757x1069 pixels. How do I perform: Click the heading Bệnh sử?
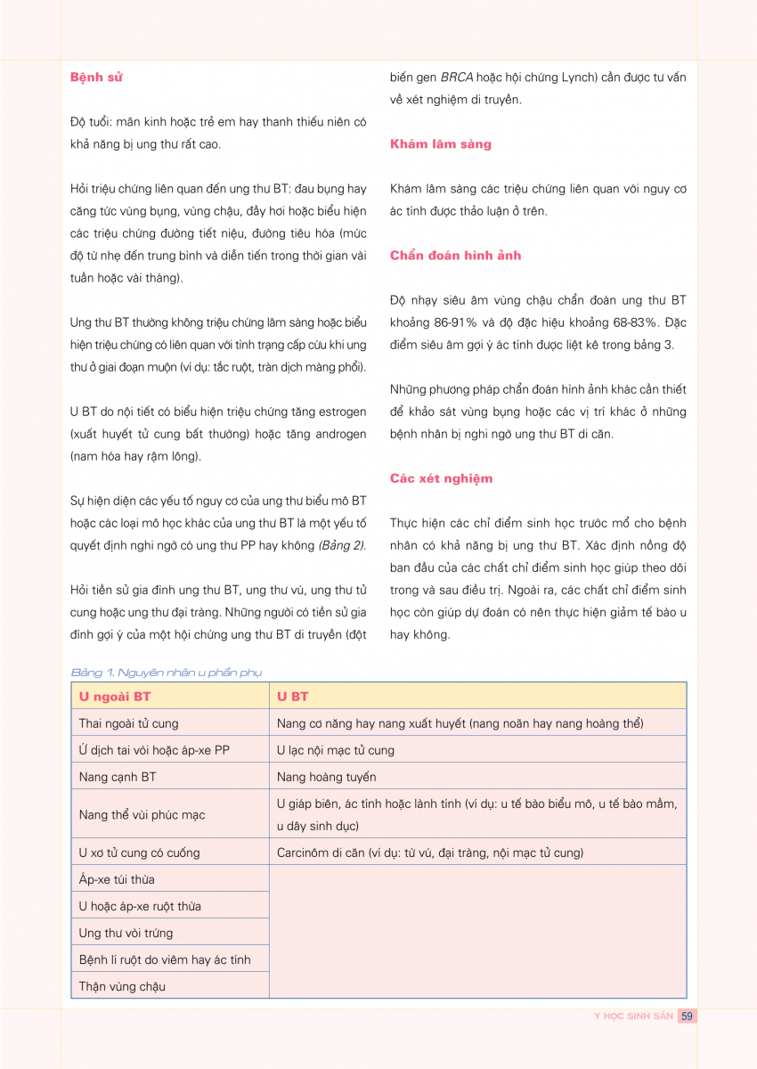[96, 78]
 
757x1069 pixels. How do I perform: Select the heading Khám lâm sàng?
[440, 144]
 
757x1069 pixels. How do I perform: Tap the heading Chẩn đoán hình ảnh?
[455, 256]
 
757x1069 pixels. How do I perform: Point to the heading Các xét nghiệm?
[441, 478]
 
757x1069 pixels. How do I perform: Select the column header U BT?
[292, 696]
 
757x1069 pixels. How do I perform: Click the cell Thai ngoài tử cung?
[128, 723]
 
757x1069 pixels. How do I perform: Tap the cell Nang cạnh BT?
[117, 777]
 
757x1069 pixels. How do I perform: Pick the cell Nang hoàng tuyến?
[326, 777]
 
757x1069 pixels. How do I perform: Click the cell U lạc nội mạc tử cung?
[335, 750]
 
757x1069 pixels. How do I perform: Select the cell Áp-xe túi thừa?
[117, 879]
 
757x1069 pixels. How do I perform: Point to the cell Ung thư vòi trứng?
[126, 933]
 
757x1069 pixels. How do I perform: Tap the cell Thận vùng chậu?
[122, 986]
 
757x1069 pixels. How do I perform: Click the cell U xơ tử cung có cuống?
[139, 853]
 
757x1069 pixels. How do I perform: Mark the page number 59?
[686, 1016]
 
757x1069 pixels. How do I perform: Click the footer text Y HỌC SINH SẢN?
[632, 1016]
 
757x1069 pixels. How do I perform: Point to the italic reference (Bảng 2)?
[342, 545]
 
